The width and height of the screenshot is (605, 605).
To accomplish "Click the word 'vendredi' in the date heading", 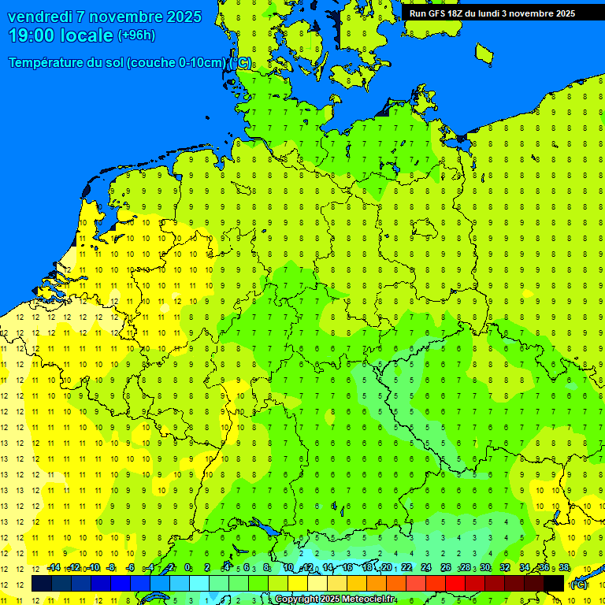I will (x=40, y=17).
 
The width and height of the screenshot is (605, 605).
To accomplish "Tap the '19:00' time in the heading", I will (x=32, y=35).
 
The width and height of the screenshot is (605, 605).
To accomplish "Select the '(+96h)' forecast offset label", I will (x=136, y=35).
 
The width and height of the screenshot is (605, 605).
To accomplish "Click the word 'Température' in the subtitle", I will (x=48, y=63).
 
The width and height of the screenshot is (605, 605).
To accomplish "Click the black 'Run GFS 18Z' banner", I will (x=492, y=13).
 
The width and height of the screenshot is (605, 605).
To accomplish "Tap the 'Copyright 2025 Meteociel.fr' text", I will (x=335, y=599).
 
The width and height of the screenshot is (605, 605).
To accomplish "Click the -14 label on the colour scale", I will (x=54, y=568).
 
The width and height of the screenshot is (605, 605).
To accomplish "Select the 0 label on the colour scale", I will (x=187, y=568).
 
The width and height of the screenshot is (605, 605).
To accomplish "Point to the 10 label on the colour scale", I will (x=288, y=568).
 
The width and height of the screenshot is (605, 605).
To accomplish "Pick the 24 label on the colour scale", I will (x=426, y=568).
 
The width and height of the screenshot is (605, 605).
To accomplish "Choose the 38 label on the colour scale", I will (x=564, y=568).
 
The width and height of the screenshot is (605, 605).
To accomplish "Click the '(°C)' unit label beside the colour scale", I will (x=579, y=585).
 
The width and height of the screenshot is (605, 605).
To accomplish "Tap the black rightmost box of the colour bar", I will (x=554, y=583).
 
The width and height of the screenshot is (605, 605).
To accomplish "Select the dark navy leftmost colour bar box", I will (x=41, y=583).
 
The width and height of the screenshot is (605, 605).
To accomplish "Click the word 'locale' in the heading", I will (x=86, y=35).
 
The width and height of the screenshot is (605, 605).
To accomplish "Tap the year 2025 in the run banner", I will (x=562, y=13).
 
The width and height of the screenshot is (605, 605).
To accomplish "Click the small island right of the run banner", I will (x=484, y=53).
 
